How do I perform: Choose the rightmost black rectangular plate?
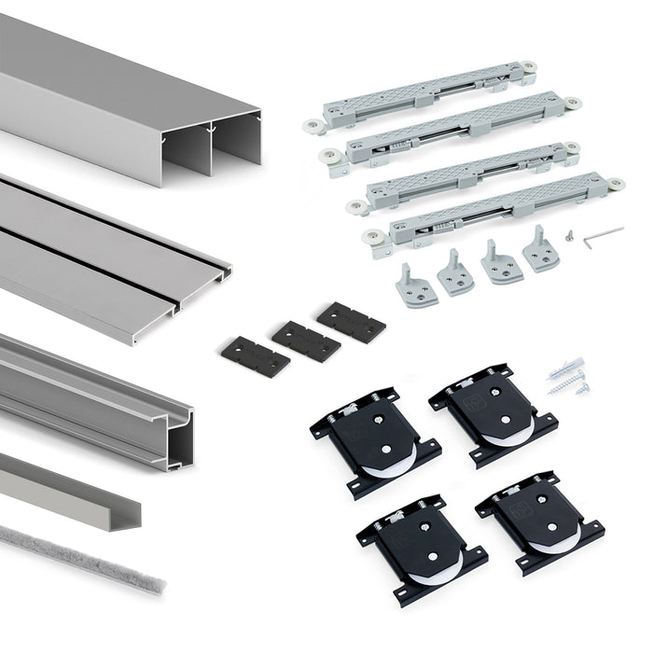click(x=351, y=321)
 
